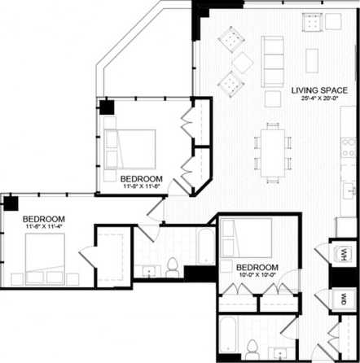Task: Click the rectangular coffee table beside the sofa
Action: pos(312,60)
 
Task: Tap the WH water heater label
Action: pos(344,255)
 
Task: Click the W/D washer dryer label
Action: pos(344,298)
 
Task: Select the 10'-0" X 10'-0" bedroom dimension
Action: pos(257,277)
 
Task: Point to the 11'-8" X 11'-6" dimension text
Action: pos(141,187)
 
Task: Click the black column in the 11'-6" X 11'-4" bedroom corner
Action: pos(11,203)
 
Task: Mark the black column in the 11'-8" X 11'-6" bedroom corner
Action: pos(106,107)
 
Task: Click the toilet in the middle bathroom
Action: pos(172,266)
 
